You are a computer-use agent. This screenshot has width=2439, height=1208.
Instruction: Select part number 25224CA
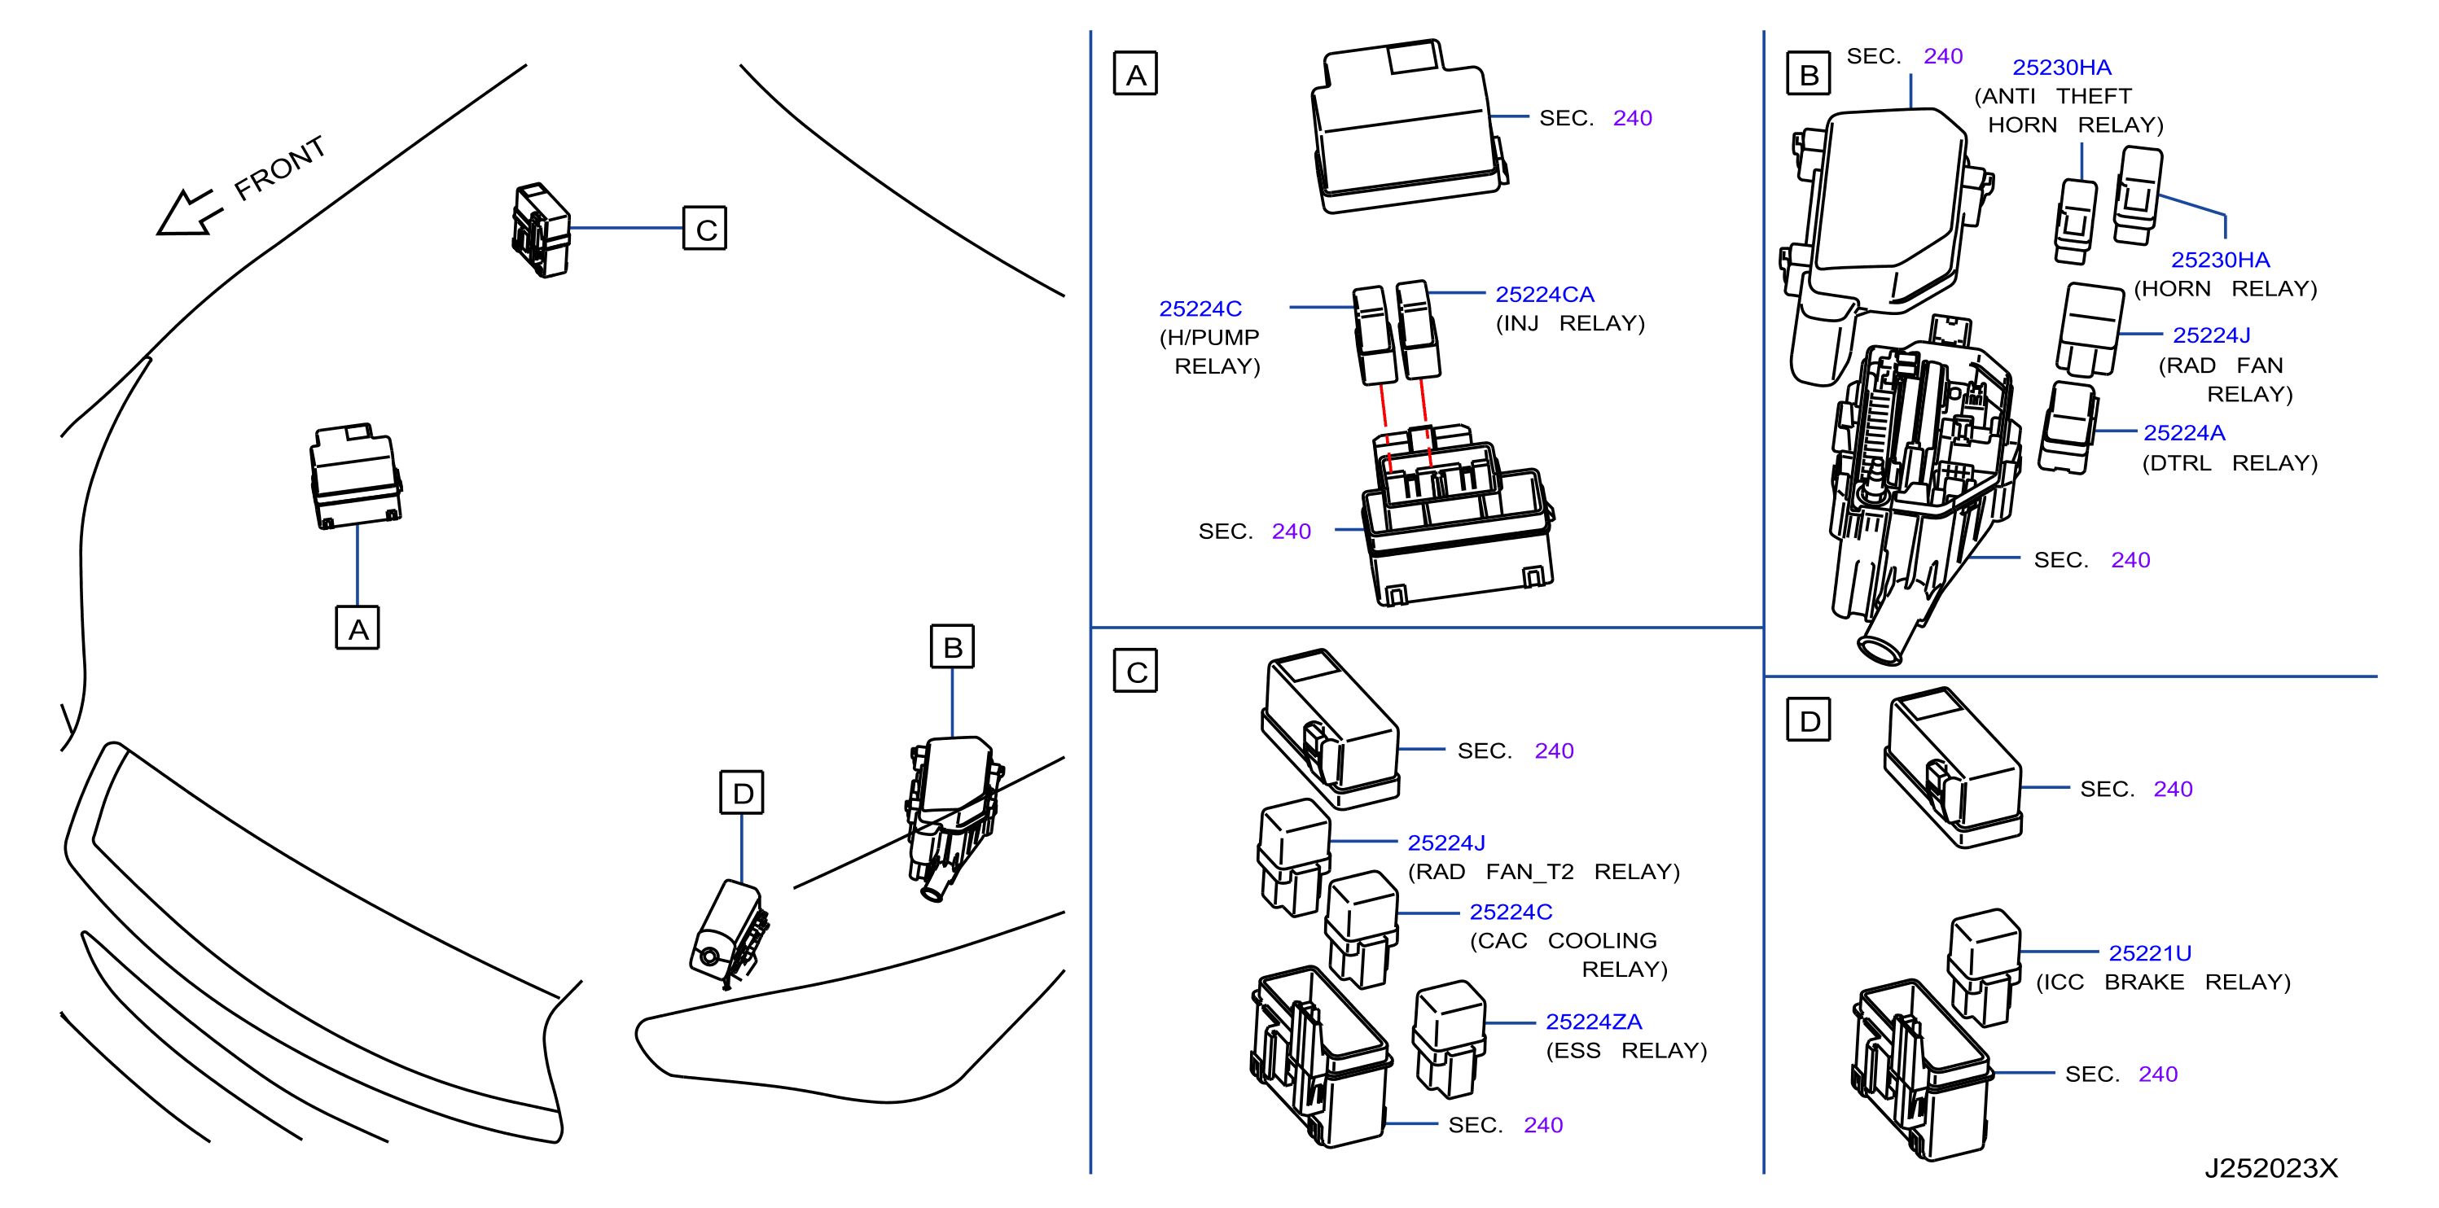pos(1544,295)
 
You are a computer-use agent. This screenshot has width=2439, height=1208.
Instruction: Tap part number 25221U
pos(2149,952)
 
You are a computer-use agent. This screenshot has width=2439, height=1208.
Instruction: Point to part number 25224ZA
pos(1594,1022)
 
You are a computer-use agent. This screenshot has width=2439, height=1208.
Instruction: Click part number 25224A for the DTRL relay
pos(2183,432)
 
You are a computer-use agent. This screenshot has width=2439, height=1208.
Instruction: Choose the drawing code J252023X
pos(2270,1168)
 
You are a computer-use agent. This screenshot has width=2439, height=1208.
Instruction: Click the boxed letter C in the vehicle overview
pos(704,228)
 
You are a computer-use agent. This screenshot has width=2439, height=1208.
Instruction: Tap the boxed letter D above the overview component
pos(741,792)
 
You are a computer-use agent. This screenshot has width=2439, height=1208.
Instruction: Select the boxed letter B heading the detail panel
pos(1809,73)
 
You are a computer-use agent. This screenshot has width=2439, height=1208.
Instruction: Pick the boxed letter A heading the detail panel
pos(1135,74)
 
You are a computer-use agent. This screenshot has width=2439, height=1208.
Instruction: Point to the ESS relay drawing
pos(1449,1039)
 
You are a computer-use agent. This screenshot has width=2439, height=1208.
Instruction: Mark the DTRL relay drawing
pos(2068,427)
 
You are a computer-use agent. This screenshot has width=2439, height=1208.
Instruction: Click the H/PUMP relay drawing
pos(1375,335)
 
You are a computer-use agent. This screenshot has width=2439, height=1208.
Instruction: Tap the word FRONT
pos(280,168)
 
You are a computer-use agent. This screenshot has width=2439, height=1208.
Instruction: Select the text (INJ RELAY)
pos(1570,323)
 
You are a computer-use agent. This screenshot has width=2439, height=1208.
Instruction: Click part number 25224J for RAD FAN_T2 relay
pos(1445,843)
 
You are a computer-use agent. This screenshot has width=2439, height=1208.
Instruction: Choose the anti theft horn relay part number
pos(2061,68)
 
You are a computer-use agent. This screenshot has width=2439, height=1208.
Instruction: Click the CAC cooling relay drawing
pos(1362,929)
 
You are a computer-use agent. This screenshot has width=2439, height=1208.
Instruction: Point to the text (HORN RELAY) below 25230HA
pos(2225,288)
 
